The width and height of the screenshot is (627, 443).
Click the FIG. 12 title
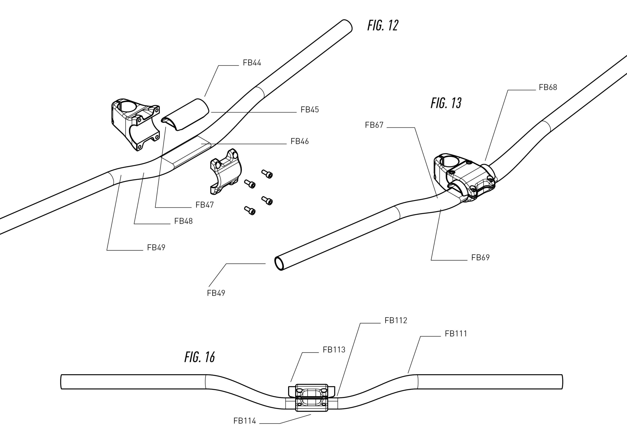tap(383, 26)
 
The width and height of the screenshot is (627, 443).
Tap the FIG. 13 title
tap(446, 103)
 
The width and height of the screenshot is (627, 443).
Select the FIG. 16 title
tap(200, 357)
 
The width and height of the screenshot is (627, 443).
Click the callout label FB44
tap(252, 63)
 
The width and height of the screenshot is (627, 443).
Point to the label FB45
tap(309, 110)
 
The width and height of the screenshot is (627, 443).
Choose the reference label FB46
tap(300, 141)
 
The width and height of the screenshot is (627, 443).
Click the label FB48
tap(183, 221)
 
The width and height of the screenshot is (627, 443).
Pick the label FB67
tap(374, 125)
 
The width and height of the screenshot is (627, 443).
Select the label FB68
tap(548, 87)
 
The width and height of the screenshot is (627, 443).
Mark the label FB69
tap(480, 257)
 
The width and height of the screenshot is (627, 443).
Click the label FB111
tap(456, 334)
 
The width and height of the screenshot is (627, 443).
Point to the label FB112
tap(396, 320)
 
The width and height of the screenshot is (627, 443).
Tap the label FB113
tap(334, 350)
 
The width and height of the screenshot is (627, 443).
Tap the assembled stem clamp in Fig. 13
tap(464, 177)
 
